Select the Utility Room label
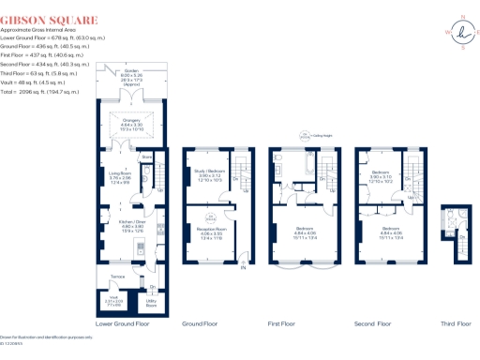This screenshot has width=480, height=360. (151, 305)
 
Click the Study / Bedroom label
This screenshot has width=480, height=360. (208, 175)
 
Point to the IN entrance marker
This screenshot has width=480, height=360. (244, 270)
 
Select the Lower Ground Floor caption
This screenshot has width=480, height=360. (123, 323)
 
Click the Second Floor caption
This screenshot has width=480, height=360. (372, 323)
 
